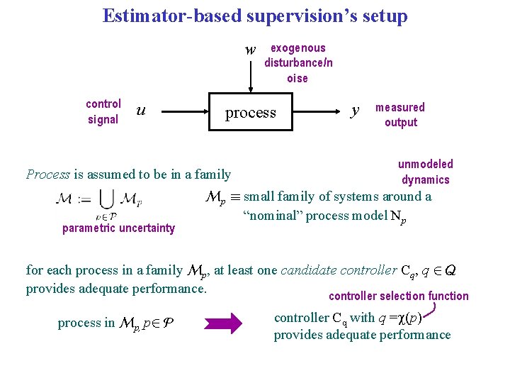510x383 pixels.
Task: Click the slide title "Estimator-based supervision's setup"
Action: (255, 16)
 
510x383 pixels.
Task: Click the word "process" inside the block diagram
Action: (250, 113)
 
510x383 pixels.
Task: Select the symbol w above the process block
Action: (250, 50)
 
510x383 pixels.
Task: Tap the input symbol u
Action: (141, 110)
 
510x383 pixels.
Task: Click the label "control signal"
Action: (103, 111)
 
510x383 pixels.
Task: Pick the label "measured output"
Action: (400, 115)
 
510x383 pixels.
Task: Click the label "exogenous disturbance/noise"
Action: (298, 63)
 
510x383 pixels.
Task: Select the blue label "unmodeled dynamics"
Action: (425, 172)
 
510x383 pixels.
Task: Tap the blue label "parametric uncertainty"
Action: (118, 228)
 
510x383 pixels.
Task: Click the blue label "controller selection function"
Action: (399, 296)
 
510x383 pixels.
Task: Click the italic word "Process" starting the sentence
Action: (47, 174)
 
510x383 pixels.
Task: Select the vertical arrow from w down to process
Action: (250, 75)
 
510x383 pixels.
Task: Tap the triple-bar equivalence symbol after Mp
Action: (235, 197)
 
